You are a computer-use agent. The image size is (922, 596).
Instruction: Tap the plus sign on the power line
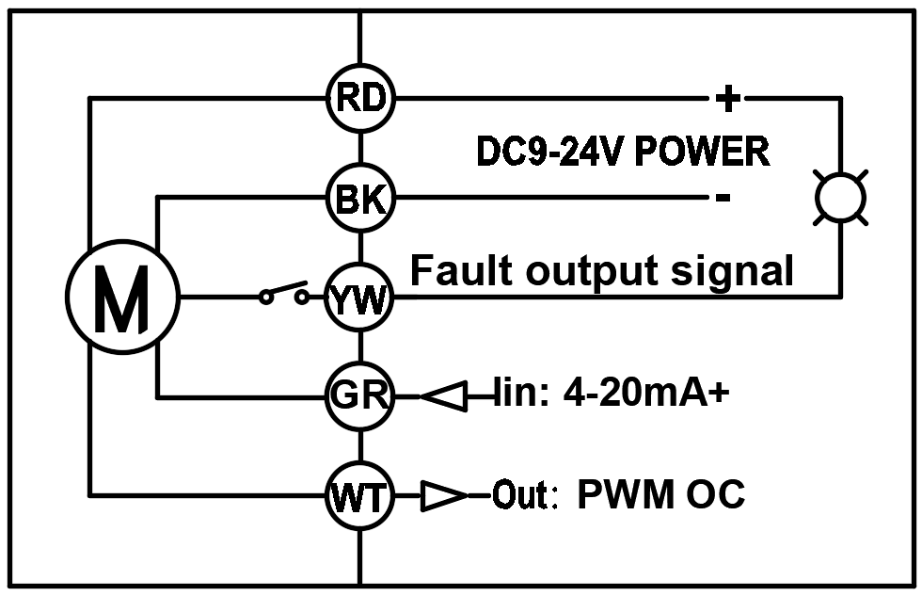click(x=728, y=98)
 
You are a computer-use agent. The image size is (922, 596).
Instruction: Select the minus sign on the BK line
click(x=723, y=198)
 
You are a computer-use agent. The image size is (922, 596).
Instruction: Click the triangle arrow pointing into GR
click(x=444, y=396)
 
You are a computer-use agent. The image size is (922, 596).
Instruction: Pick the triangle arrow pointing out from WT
click(x=444, y=496)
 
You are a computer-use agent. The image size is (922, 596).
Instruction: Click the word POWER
click(x=702, y=152)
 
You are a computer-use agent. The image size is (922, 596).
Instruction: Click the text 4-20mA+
click(x=646, y=393)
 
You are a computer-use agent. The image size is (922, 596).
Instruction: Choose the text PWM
click(x=626, y=494)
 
